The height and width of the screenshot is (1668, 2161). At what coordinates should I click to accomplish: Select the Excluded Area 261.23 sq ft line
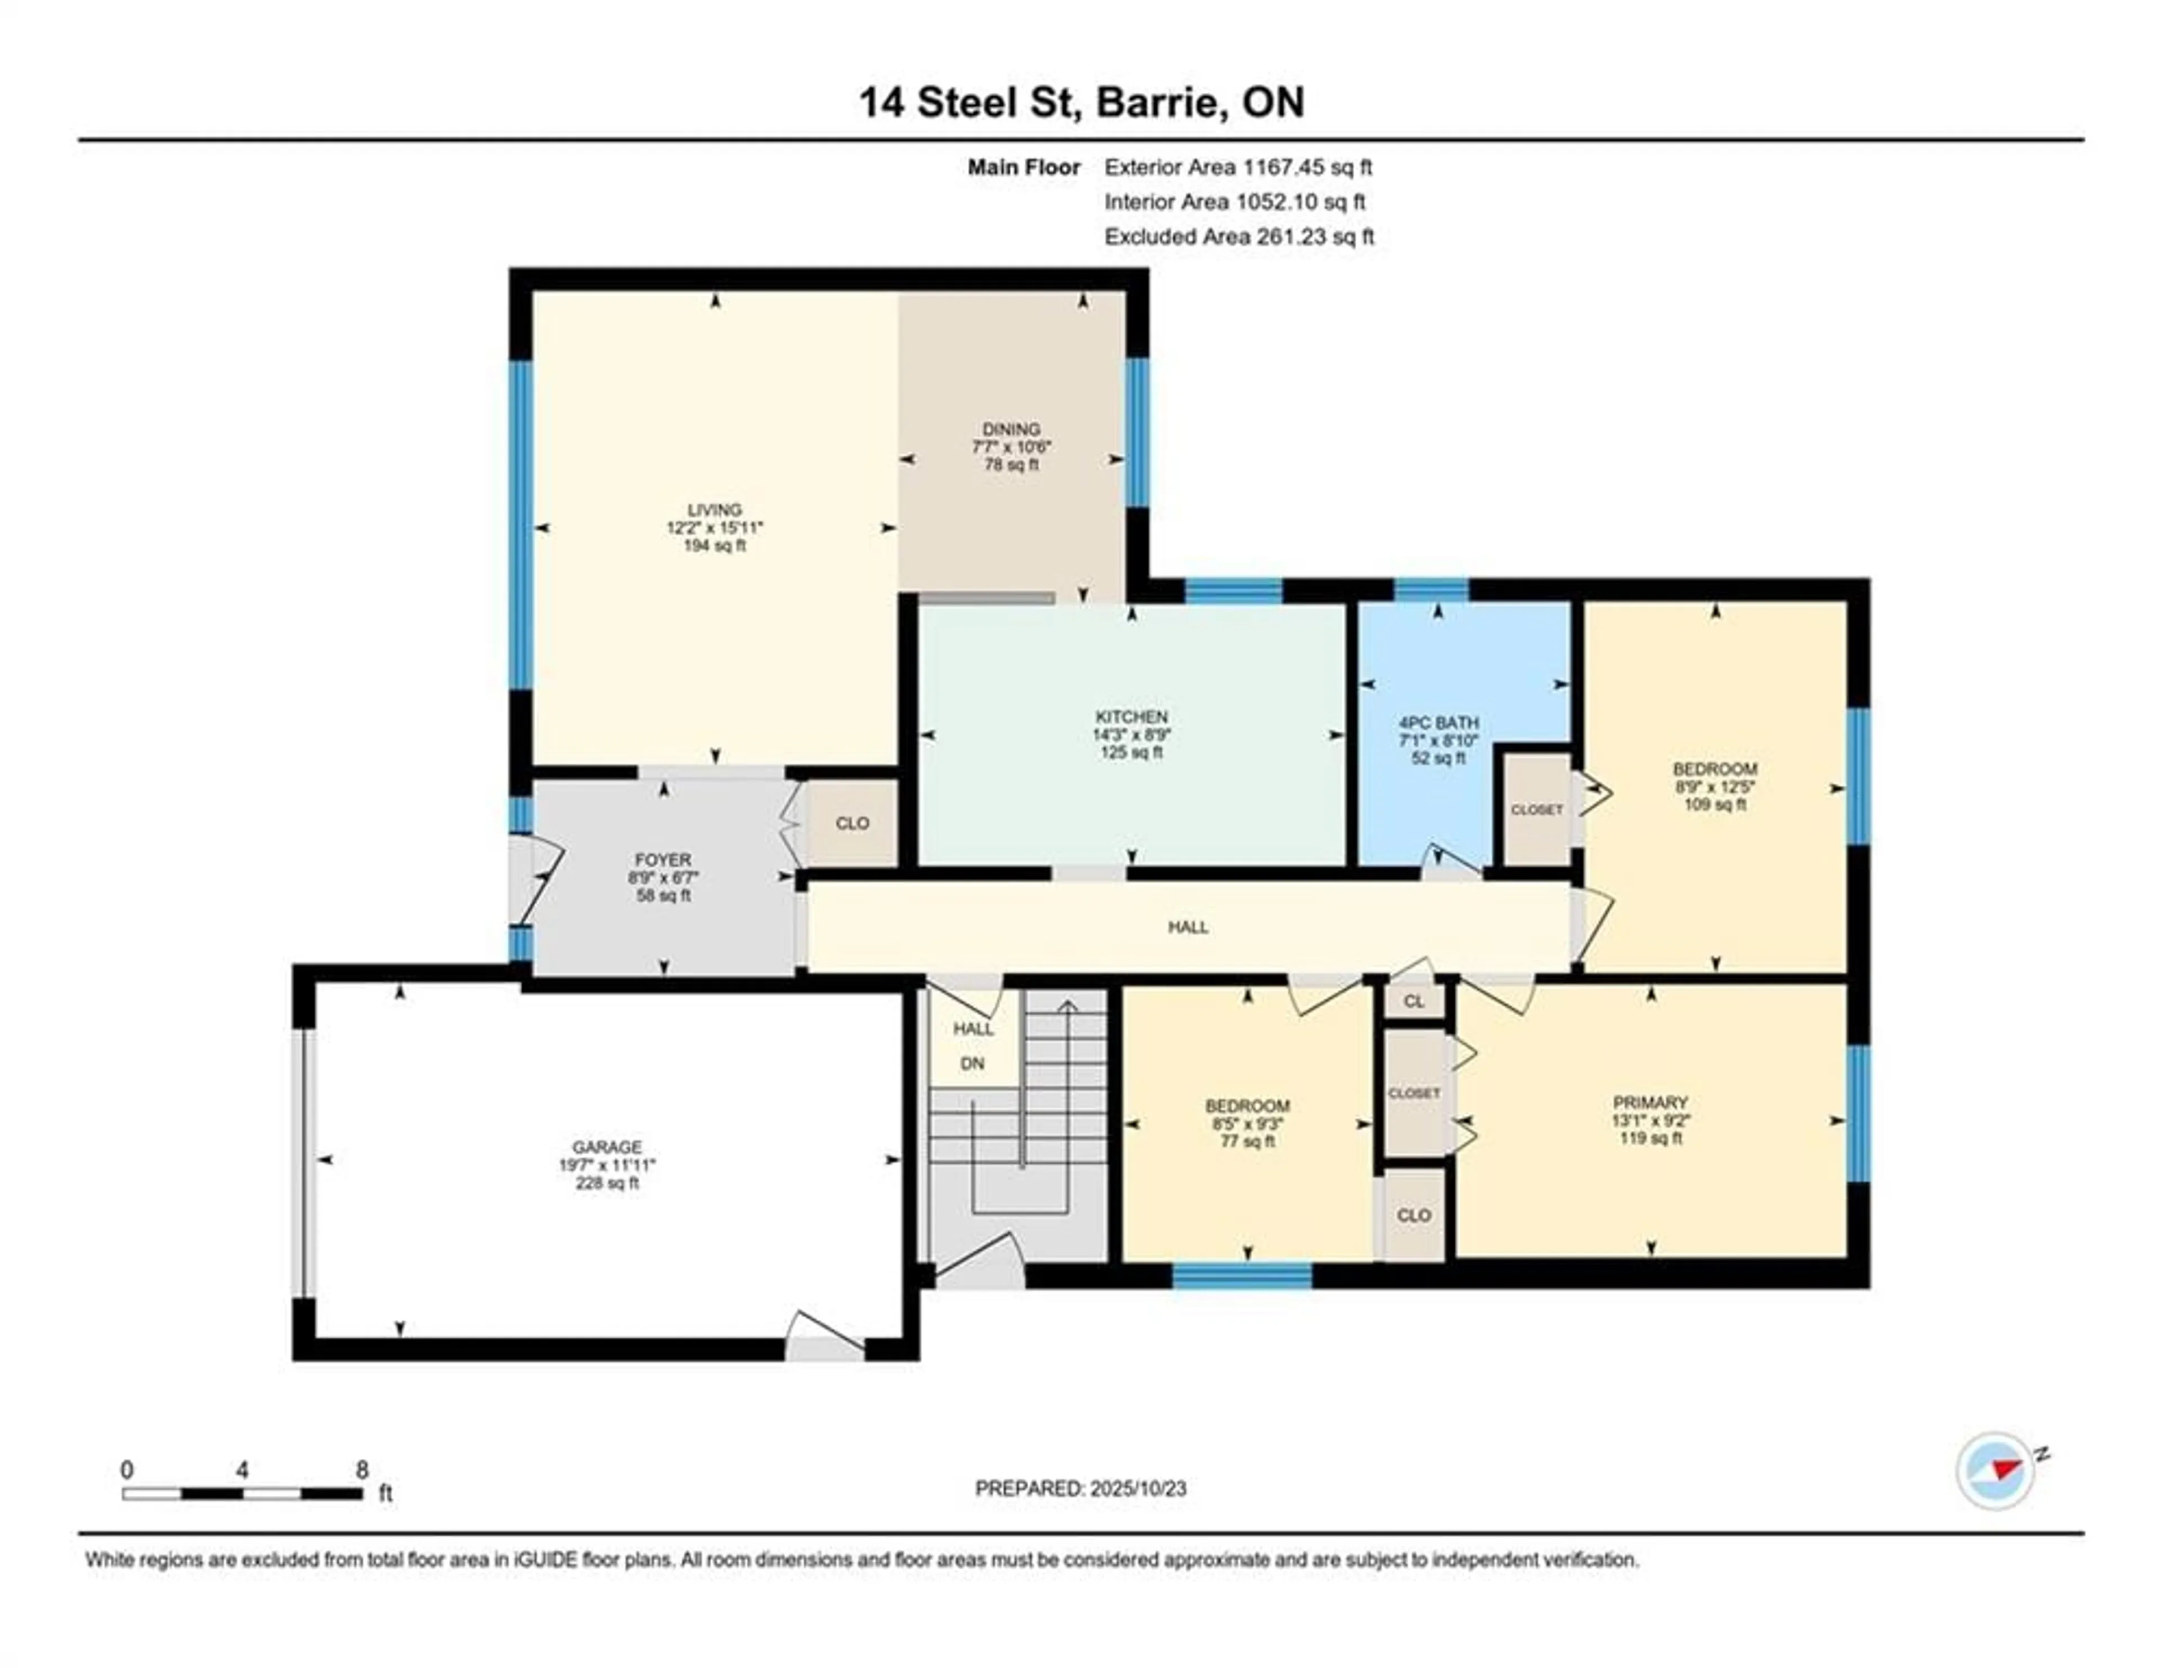[x=1239, y=236]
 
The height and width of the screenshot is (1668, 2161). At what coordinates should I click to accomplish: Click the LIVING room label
[x=714, y=510]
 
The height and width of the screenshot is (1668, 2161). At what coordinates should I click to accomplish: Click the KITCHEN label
[x=1131, y=716]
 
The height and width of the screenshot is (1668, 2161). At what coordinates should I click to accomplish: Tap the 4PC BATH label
[x=1438, y=723]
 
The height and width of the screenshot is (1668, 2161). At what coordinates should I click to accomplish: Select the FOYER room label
[x=663, y=860]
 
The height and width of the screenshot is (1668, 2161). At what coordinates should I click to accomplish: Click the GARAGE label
[x=607, y=1147]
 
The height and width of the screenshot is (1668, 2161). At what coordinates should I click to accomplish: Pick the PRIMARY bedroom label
[x=1649, y=1102]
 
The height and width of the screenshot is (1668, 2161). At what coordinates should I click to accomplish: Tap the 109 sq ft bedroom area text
[x=1715, y=804]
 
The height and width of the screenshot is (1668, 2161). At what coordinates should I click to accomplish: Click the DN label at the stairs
[x=972, y=1064]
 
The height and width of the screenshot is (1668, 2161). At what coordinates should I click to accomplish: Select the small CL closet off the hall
[x=1414, y=1001]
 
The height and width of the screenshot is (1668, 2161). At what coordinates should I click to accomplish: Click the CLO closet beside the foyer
[x=852, y=823]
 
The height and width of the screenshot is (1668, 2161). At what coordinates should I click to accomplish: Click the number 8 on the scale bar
[x=362, y=1469]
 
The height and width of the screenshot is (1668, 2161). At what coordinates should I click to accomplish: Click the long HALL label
[x=1187, y=927]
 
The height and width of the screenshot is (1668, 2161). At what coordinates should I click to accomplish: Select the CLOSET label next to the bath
[x=1537, y=809]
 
